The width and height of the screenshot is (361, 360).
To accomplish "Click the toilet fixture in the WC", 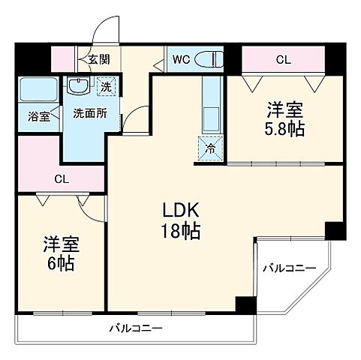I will point(211,59).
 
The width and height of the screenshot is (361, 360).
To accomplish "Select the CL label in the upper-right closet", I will point(283,58).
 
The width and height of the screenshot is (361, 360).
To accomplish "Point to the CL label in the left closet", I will point(62,179).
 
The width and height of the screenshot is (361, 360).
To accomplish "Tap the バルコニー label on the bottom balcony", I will point(135,328).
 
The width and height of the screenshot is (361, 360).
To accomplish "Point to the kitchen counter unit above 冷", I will point(211,105).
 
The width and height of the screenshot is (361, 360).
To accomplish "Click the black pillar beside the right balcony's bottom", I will point(244,304).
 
